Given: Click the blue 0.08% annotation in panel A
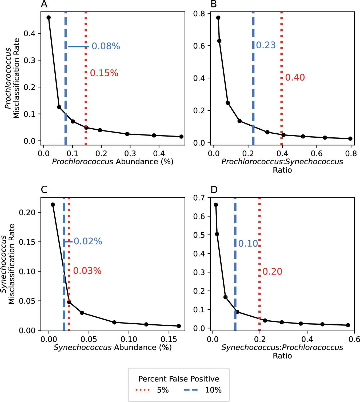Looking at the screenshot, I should [x=106, y=46].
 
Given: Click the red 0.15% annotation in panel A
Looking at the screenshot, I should [x=104, y=73].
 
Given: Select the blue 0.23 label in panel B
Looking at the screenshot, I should [x=266, y=45].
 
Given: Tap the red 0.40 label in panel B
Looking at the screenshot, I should [x=295, y=77].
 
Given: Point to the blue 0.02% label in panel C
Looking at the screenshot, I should [x=88, y=241].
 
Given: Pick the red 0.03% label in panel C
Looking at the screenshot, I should [x=87, y=271].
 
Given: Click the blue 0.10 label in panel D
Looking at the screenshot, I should [x=248, y=244].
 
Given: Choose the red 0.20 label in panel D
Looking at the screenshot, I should [x=272, y=272].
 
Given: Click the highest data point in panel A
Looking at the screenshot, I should [x=49, y=18].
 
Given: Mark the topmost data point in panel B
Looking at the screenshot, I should [x=218, y=18].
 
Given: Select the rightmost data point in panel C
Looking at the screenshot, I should [x=179, y=326].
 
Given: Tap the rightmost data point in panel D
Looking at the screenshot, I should [x=348, y=325].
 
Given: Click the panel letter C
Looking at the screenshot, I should [x=44, y=190].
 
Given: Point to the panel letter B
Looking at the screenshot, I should [x=214, y=4].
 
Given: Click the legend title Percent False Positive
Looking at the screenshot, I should [x=179, y=379].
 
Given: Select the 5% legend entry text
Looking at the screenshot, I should [x=163, y=390].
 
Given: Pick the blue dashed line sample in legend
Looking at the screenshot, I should [x=191, y=390].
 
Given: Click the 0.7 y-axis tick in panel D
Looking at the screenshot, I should [x=199, y=198].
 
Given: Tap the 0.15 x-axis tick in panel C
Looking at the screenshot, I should [x=169, y=339].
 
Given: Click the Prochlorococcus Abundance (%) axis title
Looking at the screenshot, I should [x=113, y=162].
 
